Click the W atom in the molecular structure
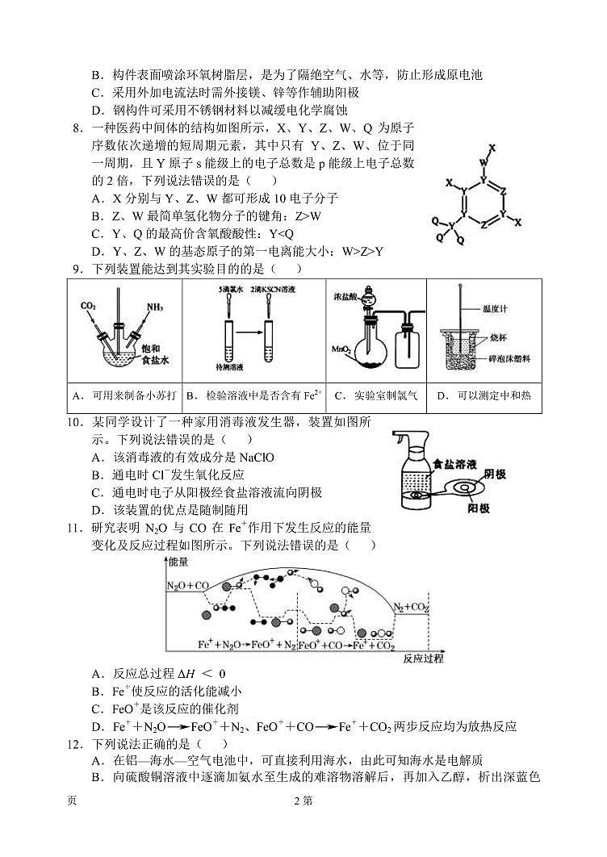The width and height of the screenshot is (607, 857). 484,163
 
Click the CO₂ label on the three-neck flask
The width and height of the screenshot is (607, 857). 90,306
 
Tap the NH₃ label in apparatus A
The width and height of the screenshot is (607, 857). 156,307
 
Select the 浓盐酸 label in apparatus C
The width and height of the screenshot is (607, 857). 345,296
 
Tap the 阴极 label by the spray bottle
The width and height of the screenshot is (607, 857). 495,474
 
